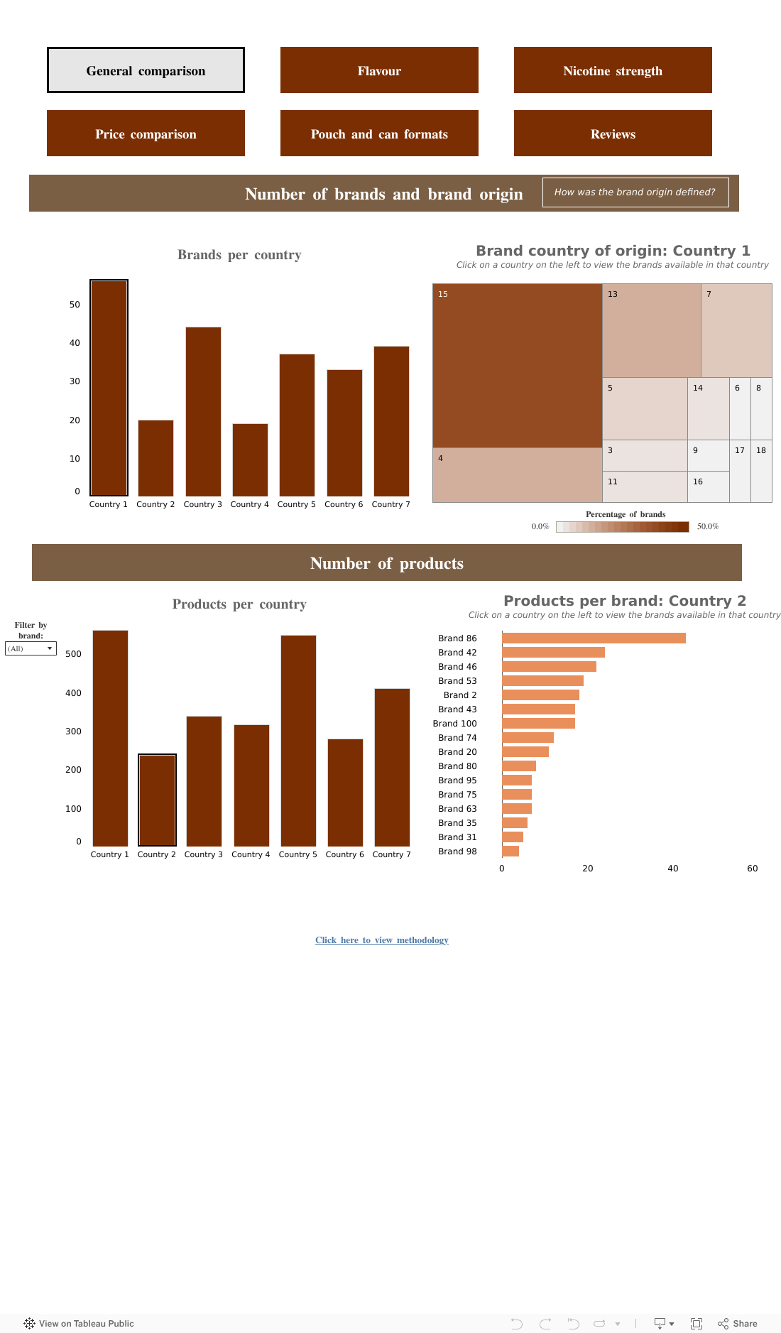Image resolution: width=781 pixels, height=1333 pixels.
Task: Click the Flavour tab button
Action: (x=379, y=70)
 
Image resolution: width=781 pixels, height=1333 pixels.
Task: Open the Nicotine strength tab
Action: (x=613, y=70)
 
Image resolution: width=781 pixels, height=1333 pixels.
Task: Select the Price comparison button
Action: (x=146, y=134)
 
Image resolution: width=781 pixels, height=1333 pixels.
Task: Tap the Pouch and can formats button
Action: (x=379, y=134)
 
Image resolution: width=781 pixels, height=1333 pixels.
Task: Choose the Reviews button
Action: (x=613, y=134)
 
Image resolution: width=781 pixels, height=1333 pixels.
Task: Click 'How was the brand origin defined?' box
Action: (x=635, y=192)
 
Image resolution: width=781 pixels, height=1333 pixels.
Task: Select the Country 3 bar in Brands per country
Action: (x=203, y=412)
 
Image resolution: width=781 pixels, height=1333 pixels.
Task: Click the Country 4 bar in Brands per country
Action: (x=250, y=460)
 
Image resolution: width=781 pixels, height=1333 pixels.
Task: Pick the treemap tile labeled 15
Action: (x=517, y=366)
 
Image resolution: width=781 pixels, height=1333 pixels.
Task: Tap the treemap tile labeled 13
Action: (x=651, y=330)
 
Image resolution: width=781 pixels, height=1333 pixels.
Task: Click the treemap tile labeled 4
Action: (x=517, y=475)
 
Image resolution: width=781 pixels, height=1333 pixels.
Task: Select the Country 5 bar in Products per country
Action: (x=298, y=741)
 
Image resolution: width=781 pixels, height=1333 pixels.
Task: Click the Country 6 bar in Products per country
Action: (x=345, y=793)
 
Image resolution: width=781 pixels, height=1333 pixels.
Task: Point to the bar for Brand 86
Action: (x=594, y=638)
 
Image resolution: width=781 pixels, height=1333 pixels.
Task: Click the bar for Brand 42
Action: (x=553, y=653)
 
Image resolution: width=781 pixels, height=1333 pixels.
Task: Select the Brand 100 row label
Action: (x=454, y=724)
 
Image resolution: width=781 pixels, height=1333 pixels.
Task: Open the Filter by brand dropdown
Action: (x=31, y=648)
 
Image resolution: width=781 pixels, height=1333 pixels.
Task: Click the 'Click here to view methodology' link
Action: (x=382, y=940)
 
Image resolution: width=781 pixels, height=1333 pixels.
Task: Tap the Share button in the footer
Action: (x=738, y=1324)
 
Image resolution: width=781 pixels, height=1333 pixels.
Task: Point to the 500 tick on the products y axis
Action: (x=73, y=654)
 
